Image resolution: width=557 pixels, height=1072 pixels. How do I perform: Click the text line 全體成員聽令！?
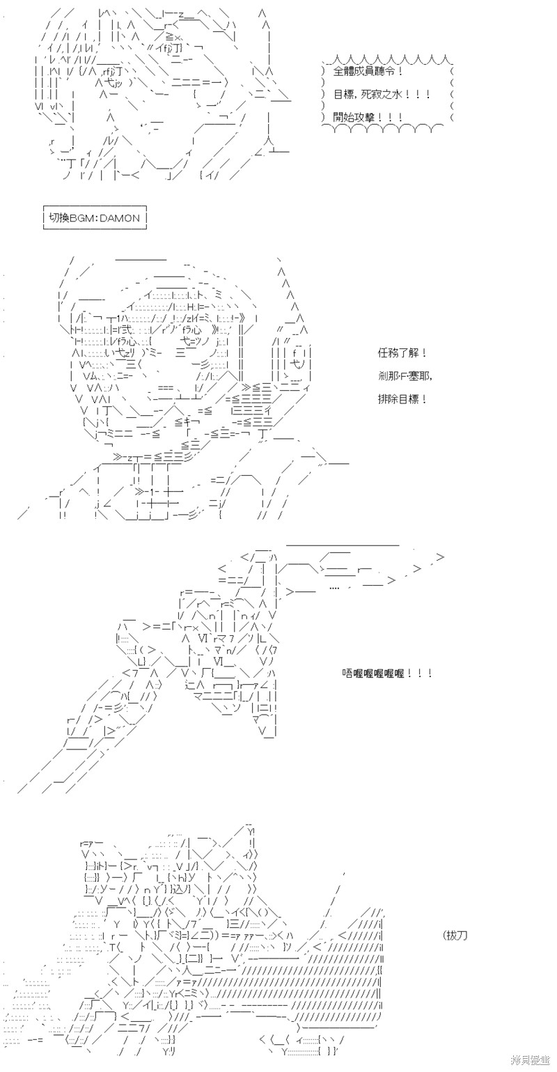tap(368, 72)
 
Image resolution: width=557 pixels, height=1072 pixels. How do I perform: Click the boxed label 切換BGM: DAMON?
tap(95, 218)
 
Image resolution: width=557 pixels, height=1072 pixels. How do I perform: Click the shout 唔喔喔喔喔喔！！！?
tap(388, 674)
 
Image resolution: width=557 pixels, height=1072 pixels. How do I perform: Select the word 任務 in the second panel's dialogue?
tap(385, 354)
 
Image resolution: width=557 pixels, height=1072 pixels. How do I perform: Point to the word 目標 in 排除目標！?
tap(408, 399)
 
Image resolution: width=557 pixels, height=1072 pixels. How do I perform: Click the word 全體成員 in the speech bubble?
tap(356, 72)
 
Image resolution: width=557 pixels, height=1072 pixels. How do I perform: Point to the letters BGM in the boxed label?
tap(84, 218)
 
